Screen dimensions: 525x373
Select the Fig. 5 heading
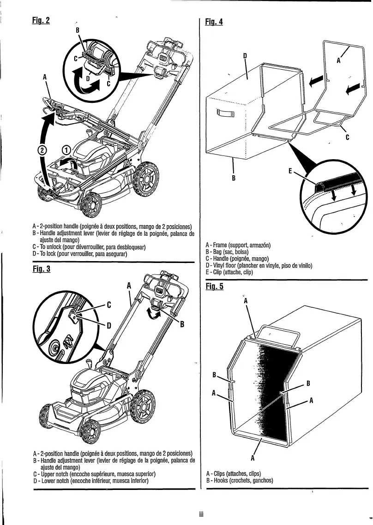214,286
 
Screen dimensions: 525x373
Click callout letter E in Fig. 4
289,171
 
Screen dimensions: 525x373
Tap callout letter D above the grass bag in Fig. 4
246,56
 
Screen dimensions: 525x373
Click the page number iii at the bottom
201,513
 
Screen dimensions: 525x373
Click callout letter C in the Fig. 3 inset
109,304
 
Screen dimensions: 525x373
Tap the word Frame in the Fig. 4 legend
223,245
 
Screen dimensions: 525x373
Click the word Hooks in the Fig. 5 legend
223,480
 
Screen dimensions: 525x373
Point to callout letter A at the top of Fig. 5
246,300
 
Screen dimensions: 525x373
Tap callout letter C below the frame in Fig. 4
347,137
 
